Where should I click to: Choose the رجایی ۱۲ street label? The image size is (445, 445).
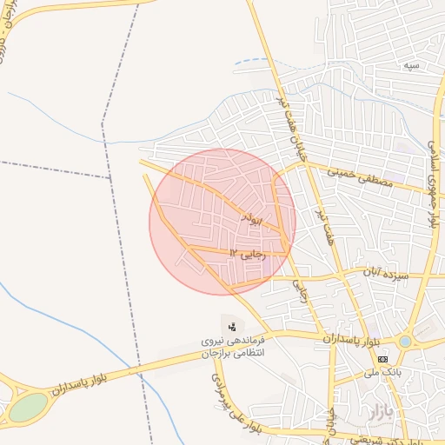click(x=246, y=252)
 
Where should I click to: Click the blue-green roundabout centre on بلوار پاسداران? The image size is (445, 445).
click(x=405, y=342)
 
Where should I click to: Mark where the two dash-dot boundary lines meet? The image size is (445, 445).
click(x=111, y=178)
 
